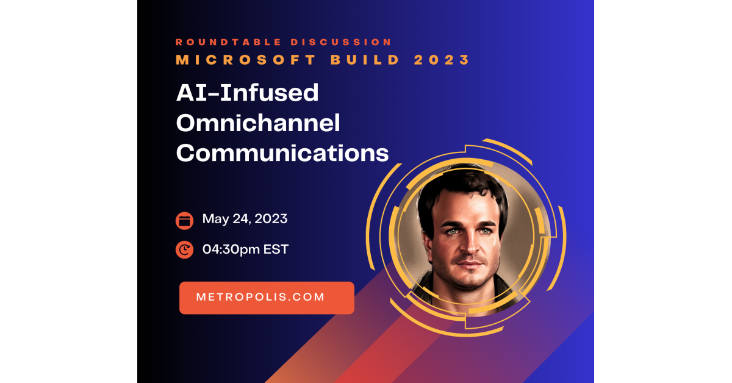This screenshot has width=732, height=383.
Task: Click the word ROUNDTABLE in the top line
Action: click(229, 42)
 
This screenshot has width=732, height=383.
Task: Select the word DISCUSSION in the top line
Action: click(341, 42)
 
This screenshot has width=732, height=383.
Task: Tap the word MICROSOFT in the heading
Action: click(246, 60)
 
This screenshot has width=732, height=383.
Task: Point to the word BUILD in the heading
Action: click(365, 60)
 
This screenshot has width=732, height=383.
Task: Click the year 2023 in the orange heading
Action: click(442, 60)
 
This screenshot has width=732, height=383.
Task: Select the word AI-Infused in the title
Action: click(248, 93)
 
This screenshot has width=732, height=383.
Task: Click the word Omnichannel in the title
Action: click(258, 123)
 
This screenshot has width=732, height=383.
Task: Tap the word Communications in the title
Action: click(282, 153)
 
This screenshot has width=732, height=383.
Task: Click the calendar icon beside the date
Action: click(184, 221)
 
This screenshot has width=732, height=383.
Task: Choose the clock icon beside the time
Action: click(184, 250)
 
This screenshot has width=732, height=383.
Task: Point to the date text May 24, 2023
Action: click(245, 219)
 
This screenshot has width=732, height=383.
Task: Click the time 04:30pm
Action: click(231, 249)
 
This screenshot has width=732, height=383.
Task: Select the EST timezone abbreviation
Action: click(276, 249)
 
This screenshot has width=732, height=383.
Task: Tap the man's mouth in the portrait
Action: click(470, 263)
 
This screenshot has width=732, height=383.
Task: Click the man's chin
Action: click(470, 281)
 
